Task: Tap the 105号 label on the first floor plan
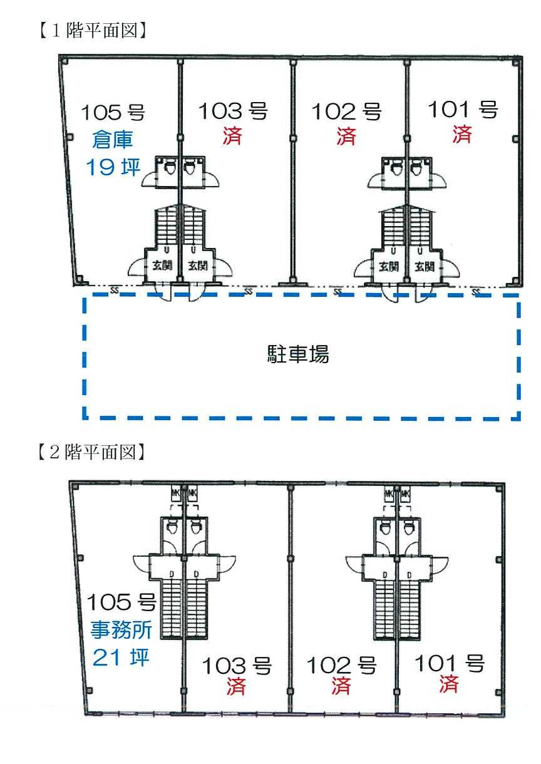pos(113,113)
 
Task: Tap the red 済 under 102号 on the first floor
pos(346,136)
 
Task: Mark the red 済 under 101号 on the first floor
pos(462,133)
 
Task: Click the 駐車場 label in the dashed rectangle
pos(294,355)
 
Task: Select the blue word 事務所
pos(123,629)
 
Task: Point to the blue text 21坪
pos(121,658)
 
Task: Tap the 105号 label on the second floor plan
pos(121,603)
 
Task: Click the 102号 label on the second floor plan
pos(341,665)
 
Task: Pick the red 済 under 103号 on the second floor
pos(236,686)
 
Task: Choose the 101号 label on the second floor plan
pos(450,663)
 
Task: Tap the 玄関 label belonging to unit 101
pos(425,266)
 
